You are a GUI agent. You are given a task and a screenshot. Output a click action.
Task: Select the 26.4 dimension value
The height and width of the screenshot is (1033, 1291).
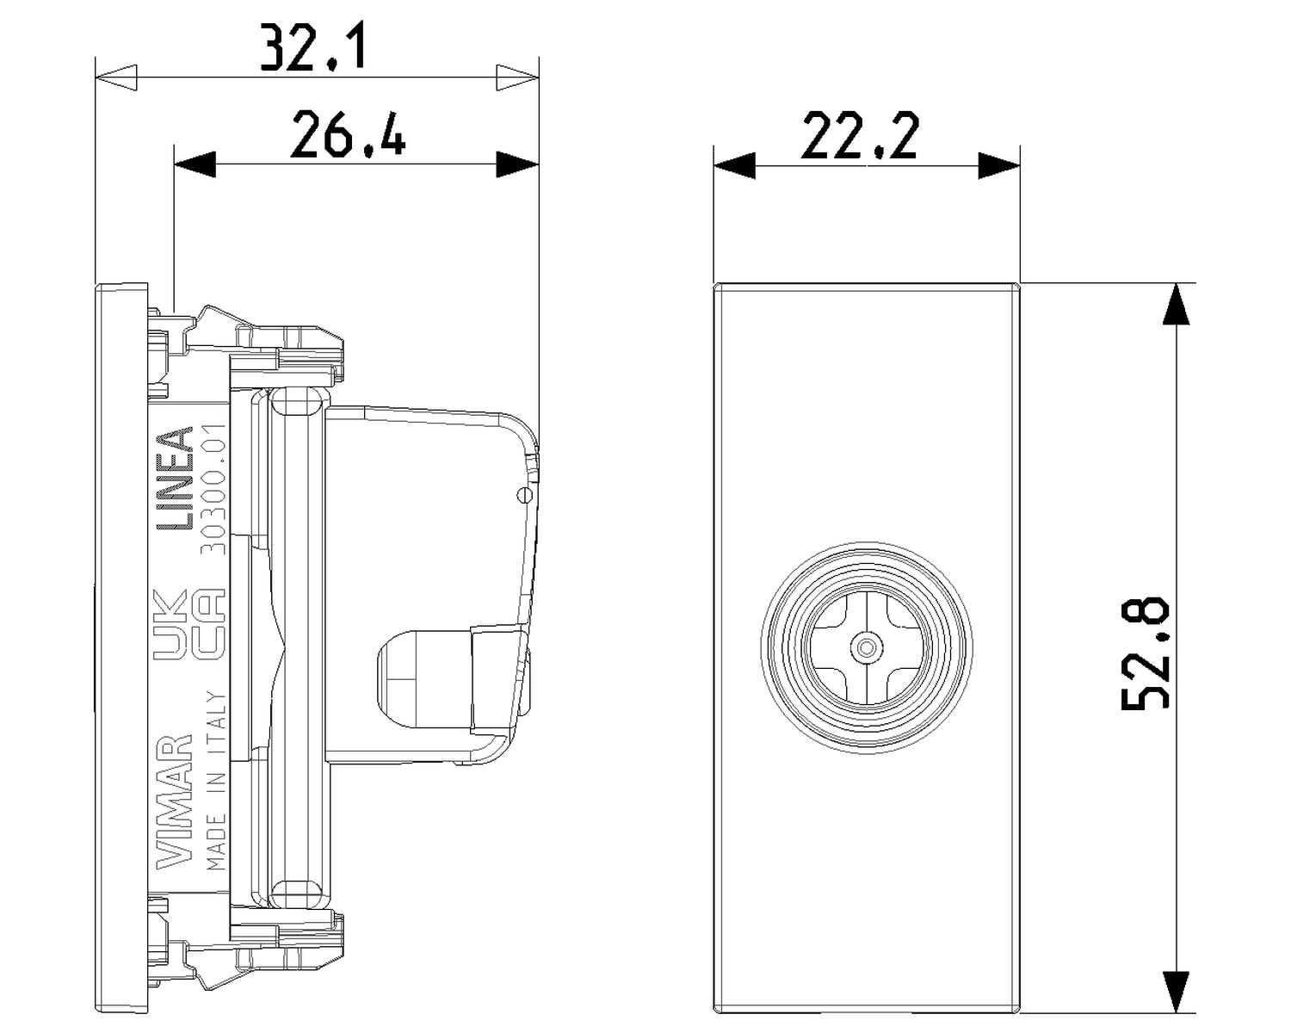point(347,135)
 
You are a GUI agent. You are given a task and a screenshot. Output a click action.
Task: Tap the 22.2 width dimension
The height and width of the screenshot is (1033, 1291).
point(860,135)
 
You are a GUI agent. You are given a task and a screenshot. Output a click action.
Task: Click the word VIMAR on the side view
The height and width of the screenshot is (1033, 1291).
point(174,801)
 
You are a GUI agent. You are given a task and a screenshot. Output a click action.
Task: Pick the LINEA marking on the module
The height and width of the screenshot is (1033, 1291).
point(173,478)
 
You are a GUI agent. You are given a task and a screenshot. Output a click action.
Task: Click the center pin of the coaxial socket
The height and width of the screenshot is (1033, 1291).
point(867,646)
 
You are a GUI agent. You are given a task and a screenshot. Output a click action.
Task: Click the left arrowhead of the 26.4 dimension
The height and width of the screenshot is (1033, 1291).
point(195,164)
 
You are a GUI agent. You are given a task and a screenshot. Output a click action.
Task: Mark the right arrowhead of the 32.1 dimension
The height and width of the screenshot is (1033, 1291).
point(516,77)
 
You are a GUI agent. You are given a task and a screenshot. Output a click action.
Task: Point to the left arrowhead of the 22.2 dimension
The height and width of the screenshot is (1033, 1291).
point(734,165)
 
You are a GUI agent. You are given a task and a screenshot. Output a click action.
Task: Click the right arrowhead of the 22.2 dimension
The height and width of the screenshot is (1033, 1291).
point(999,165)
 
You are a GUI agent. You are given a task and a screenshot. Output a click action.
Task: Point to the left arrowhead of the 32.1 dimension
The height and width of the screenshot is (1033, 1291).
point(116,77)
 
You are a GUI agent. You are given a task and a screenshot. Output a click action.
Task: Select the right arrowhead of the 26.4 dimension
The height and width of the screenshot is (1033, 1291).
point(517,164)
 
